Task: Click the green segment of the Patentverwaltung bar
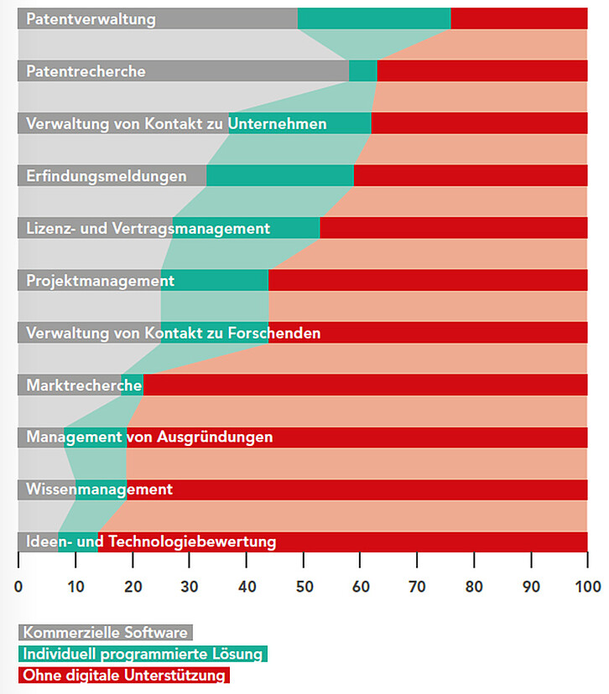374,18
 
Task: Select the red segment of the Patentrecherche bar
482,71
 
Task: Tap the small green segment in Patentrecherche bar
363,71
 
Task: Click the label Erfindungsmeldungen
107,176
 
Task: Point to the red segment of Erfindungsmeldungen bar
471,176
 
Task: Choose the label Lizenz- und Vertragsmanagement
148,228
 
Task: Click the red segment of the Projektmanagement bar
428,281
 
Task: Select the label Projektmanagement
100,281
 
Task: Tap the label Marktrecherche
84,386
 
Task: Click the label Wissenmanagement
99,489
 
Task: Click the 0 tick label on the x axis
18,586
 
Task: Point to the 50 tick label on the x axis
303,586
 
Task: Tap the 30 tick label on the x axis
189,586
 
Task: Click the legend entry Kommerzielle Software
106,632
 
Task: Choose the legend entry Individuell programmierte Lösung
143,654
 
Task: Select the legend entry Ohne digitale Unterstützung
124,675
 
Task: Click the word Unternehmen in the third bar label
277,124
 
